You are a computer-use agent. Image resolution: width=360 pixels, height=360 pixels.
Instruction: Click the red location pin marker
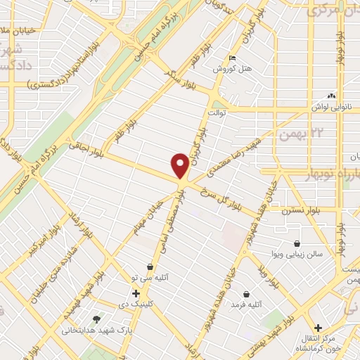[x=180, y=166]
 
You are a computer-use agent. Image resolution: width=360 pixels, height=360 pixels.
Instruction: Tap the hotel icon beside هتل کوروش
[x=233, y=58]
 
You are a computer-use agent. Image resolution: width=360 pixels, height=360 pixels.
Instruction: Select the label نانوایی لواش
[x=333, y=107]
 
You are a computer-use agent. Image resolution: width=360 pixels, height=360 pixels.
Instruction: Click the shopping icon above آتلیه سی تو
[x=150, y=267]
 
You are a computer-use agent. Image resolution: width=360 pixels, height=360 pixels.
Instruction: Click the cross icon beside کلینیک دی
[x=136, y=292]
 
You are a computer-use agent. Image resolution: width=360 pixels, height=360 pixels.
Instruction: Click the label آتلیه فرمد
[x=247, y=305]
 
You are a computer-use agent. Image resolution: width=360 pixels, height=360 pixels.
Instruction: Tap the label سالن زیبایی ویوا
[x=297, y=255]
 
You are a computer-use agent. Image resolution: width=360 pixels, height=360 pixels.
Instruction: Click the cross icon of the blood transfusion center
[x=319, y=328]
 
